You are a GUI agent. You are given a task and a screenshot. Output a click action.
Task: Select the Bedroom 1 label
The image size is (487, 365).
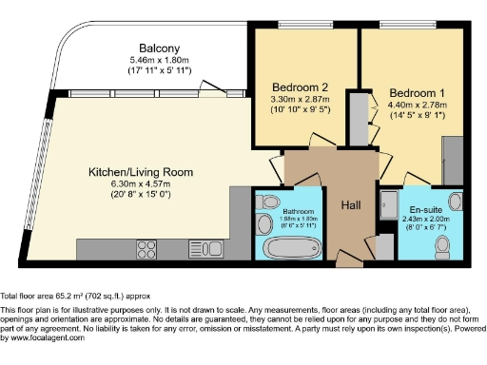[x=411, y=93]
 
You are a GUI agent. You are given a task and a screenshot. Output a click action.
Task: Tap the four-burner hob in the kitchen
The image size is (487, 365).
[x=146, y=249]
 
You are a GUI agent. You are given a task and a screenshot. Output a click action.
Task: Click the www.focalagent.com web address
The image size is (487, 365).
[x=45, y=338]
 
